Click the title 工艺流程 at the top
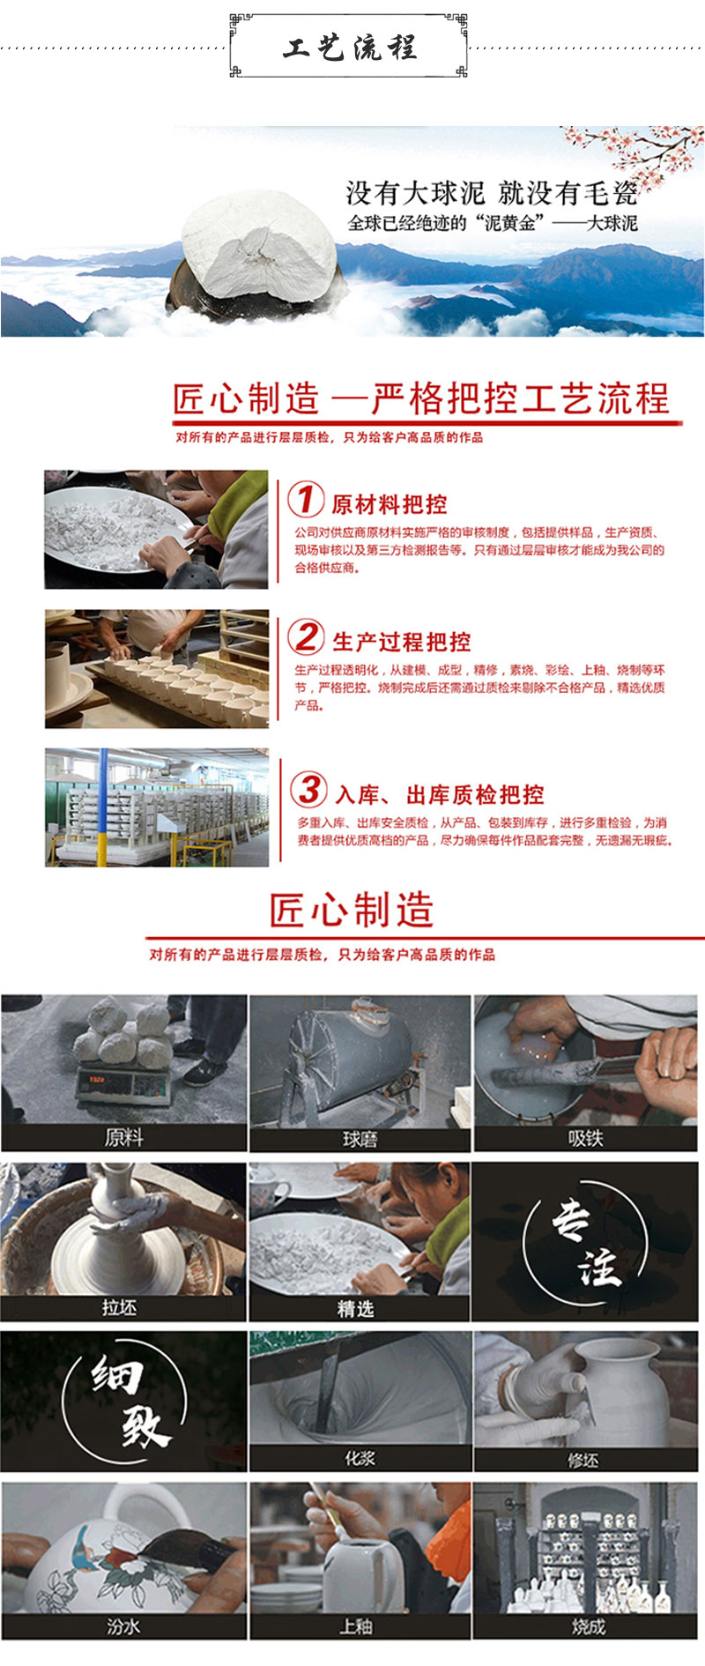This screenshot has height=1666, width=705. pos(350,47)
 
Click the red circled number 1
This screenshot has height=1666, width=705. pos(305,499)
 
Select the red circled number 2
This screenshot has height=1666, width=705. pos(306,636)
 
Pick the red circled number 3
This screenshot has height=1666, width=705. pos(308,789)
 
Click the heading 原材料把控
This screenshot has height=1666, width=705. pos(390,504)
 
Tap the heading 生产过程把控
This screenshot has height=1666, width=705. pos(402,642)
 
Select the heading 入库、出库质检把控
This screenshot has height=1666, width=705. pos(440,794)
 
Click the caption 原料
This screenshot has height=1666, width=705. pos(123,1137)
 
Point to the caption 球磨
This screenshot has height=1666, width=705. pos(360,1139)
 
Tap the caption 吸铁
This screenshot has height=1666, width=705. pos(585,1138)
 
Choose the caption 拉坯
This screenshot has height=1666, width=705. pos(120,1307)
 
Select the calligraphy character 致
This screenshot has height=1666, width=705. pos(145,1423)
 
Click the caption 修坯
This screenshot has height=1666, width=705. pos(583,1460)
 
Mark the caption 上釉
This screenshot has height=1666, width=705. pos(356,1625)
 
